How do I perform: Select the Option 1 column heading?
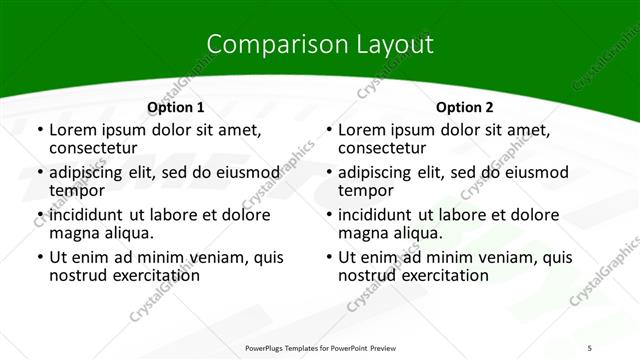pyautogui.click(x=175, y=106)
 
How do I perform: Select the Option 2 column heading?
pyautogui.click(x=464, y=106)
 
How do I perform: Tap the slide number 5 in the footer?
pyautogui.click(x=590, y=347)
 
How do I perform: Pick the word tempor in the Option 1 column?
pyautogui.click(x=77, y=190)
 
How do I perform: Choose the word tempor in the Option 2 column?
pyautogui.click(x=366, y=190)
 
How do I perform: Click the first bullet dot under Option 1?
pyautogui.click(x=39, y=131)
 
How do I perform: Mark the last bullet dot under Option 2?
pyautogui.click(x=328, y=258)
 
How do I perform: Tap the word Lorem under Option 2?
pyautogui.click(x=361, y=130)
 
